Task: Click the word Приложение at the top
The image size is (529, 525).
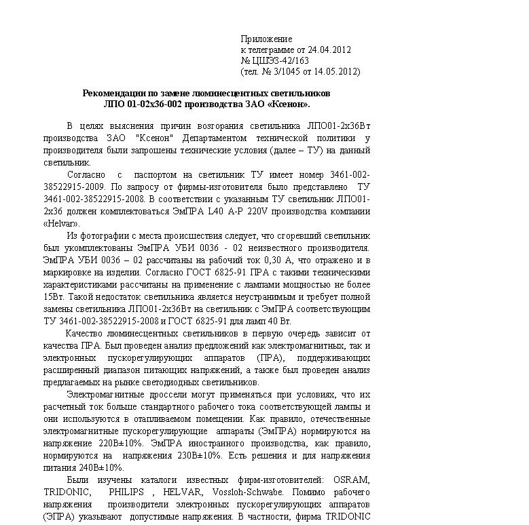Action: (x=266, y=39)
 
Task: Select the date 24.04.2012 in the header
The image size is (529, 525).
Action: (x=329, y=50)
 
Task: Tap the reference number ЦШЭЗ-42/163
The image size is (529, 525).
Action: (x=281, y=60)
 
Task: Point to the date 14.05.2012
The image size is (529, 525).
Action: (x=333, y=71)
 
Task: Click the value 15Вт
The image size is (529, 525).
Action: (x=53, y=296)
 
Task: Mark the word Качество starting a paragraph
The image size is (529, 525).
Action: (x=86, y=333)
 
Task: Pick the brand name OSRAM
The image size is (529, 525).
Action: (x=351, y=480)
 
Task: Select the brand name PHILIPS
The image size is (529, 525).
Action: (x=125, y=492)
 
